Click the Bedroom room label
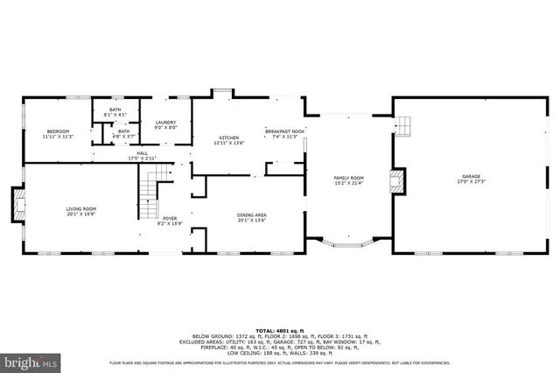pos(58,132)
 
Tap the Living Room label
pos(81,208)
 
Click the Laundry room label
pos(166,123)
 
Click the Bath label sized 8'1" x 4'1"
pos(115,110)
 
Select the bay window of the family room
pos(347,243)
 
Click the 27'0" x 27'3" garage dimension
pos(471,183)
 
